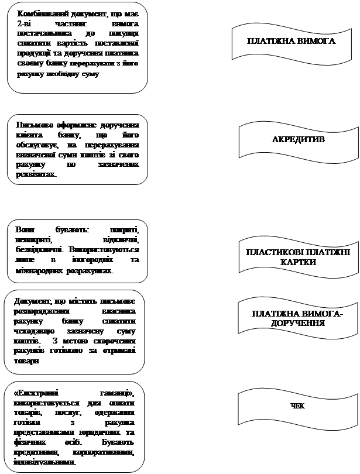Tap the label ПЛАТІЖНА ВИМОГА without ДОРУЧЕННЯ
point(290,42)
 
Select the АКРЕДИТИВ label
point(299,140)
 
